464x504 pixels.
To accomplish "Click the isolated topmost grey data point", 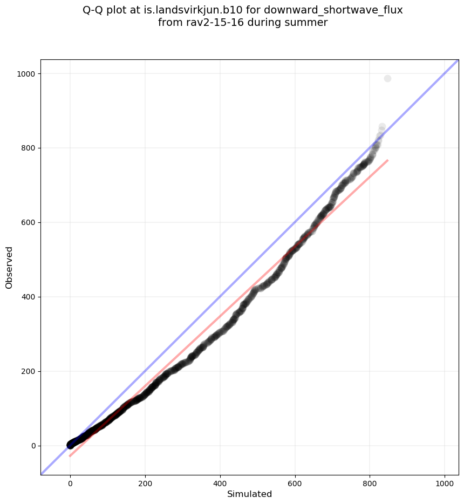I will point(387,79).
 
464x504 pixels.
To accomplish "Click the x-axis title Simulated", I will point(249,494).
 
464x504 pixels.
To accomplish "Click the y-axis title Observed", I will point(9,268).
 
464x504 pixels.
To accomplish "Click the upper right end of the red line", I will point(387,160).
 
